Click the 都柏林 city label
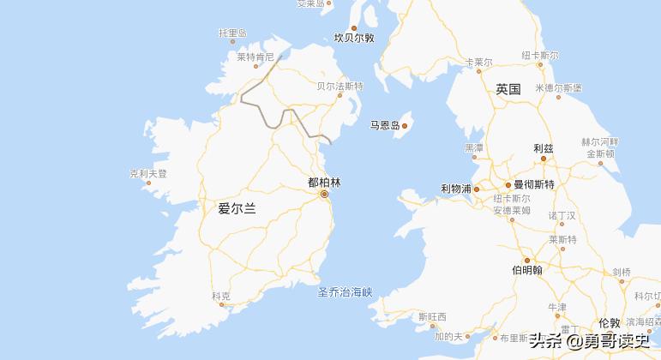pyautogui.click(x=324, y=183)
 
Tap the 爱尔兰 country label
pyautogui.click(x=237, y=208)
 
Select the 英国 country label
pyautogui.click(x=508, y=89)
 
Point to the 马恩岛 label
pyautogui.click(x=385, y=126)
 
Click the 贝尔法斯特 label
pyautogui.click(x=340, y=87)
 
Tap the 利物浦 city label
pyautogui.click(x=456, y=189)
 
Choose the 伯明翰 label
pyautogui.click(x=527, y=270)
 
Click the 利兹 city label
pyautogui.click(x=544, y=147)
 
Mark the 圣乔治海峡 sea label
pyautogui.click(x=346, y=293)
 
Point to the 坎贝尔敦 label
pyautogui.click(x=354, y=38)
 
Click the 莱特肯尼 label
pyautogui.click(x=255, y=57)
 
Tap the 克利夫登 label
pyautogui.click(x=148, y=173)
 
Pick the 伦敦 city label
pyautogui.click(x=610, y=322)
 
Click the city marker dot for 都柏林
pyautogui.click(x=324, y=195)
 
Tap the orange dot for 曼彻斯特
pyautogui.click(x=508, y=184)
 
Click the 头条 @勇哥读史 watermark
pyautogui.click(x=591, y=340)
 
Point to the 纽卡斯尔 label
pyautogui.click(x=540, y=56)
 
